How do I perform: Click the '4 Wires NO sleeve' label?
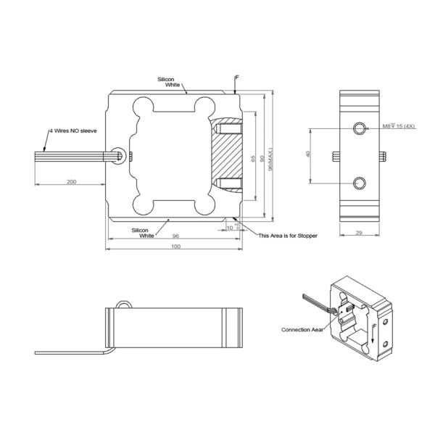coord(72,130)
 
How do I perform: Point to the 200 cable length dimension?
coord(71,181)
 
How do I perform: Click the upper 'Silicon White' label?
coord(172,82)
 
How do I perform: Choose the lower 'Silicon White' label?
coord(146,233)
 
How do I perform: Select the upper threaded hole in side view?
coord(360,128)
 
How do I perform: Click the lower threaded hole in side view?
coord(360,182)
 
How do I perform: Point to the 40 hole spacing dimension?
coord(307,154)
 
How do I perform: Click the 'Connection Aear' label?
coord(302,329)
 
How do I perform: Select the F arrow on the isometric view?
coord(374,334)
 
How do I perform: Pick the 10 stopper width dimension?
coord(230,228)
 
